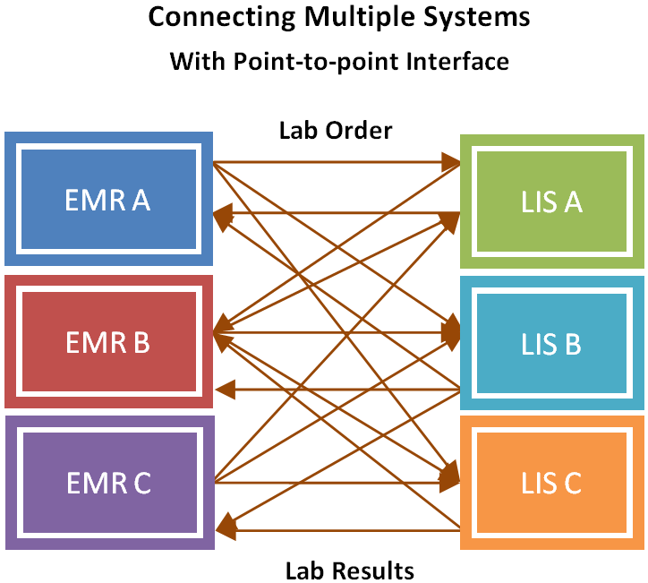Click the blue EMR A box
(x=108, y=200)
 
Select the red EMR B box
(x=108, y=342)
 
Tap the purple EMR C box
(x=108, y=483)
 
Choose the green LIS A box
(x=551, y=201)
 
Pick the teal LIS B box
(x=551, y=344)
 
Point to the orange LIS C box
(x=551, y=483)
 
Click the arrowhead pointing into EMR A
(x=223, y=213)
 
